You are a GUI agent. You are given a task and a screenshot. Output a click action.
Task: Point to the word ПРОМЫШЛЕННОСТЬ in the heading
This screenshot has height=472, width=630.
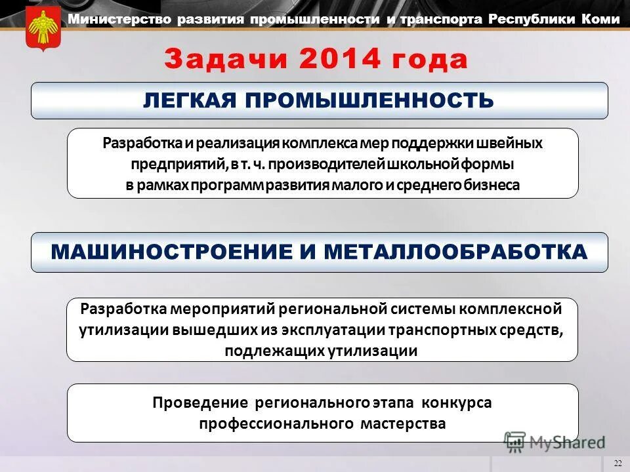[x=371, y=100]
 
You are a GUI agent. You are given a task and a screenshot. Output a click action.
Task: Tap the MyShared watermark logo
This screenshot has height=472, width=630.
[x=554, y=442]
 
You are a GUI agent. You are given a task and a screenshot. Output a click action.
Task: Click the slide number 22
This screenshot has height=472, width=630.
[x=618, y=463]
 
